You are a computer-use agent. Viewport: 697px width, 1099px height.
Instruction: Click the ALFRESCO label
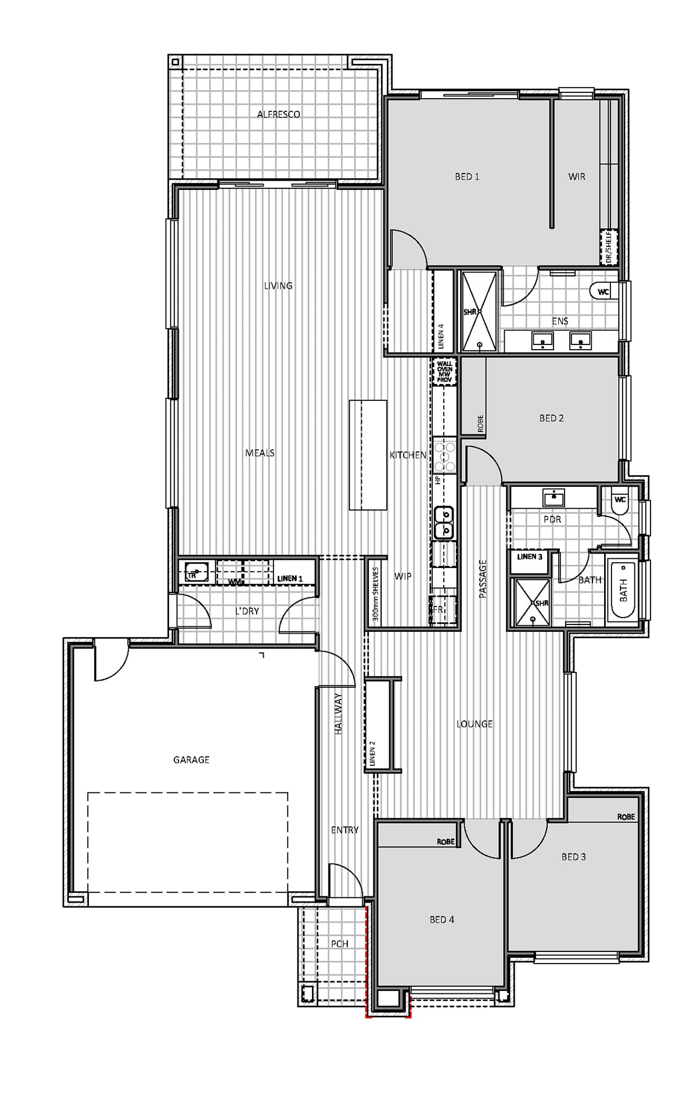(x=279, y=114)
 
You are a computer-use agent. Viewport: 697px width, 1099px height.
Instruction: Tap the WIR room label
(x=577, y=177)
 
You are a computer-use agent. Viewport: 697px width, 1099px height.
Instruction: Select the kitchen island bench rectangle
(x=368, y=455)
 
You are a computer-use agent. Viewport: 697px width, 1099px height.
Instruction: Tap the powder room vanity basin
(x=554, y=498)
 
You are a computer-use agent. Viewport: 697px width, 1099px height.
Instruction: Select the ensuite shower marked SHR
(x=480, y=311)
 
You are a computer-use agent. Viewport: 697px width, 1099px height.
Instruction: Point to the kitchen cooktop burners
(x=446, y=456)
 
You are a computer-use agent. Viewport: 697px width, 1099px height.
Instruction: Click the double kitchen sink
(x=445, y=522)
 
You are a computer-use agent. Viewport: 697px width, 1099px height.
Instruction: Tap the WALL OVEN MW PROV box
(x=444, y=372)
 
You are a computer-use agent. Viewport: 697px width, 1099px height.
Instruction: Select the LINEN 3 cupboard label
(x=530, y=556)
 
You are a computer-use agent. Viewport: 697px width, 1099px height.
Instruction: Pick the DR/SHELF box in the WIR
(x=609, y=247)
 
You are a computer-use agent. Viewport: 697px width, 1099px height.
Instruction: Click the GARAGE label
(x=191, y=760)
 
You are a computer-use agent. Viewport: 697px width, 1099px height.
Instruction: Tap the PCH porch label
(x=340, y=944)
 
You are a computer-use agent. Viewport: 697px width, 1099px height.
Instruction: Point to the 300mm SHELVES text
(x=375, y=594)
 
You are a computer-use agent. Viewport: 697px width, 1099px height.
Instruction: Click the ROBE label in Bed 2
(x=480, y=423)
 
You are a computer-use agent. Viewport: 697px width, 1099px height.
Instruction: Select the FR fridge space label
(x=439, y=610)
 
